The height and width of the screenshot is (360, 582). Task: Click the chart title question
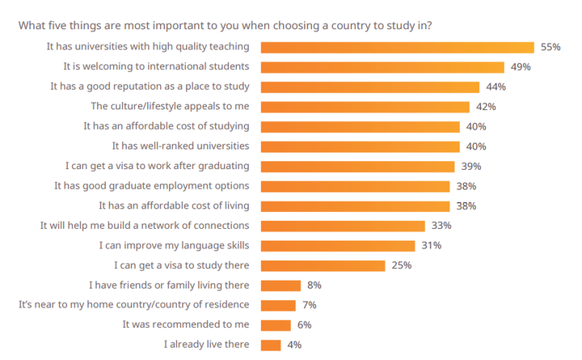(x=225, y=25)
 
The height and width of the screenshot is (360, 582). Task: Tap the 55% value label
(x=550, y=47)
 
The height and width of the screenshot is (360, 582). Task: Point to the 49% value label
(x=521, y=67)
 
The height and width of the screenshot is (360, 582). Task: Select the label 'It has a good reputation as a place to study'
(x=150, y=87)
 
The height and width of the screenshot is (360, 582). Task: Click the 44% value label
(x=496, y=87)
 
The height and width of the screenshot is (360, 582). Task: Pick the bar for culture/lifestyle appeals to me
(x=365, y=107)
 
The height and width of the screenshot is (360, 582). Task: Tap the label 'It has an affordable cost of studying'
(x=167, y=126)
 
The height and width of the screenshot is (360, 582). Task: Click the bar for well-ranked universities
(x=361, y=146)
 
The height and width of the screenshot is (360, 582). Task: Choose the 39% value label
(x=470, y=166)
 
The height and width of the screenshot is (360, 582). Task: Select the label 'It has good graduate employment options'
(x=151, y=186)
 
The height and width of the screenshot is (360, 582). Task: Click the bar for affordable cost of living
(x=356, y=205)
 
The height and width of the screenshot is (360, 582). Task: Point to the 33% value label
(x=441, y=226)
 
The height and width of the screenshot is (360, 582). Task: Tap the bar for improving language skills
(x=339, y=245)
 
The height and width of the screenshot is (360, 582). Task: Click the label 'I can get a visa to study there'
(x=180, y=265)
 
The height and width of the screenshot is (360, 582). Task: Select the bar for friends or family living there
(x=281, y=285)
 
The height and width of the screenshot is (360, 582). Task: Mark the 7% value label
(x=309, y=305)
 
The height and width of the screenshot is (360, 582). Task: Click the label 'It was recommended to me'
(x=186, y=324)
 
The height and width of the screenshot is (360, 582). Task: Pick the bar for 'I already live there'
(x=272, y=345)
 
